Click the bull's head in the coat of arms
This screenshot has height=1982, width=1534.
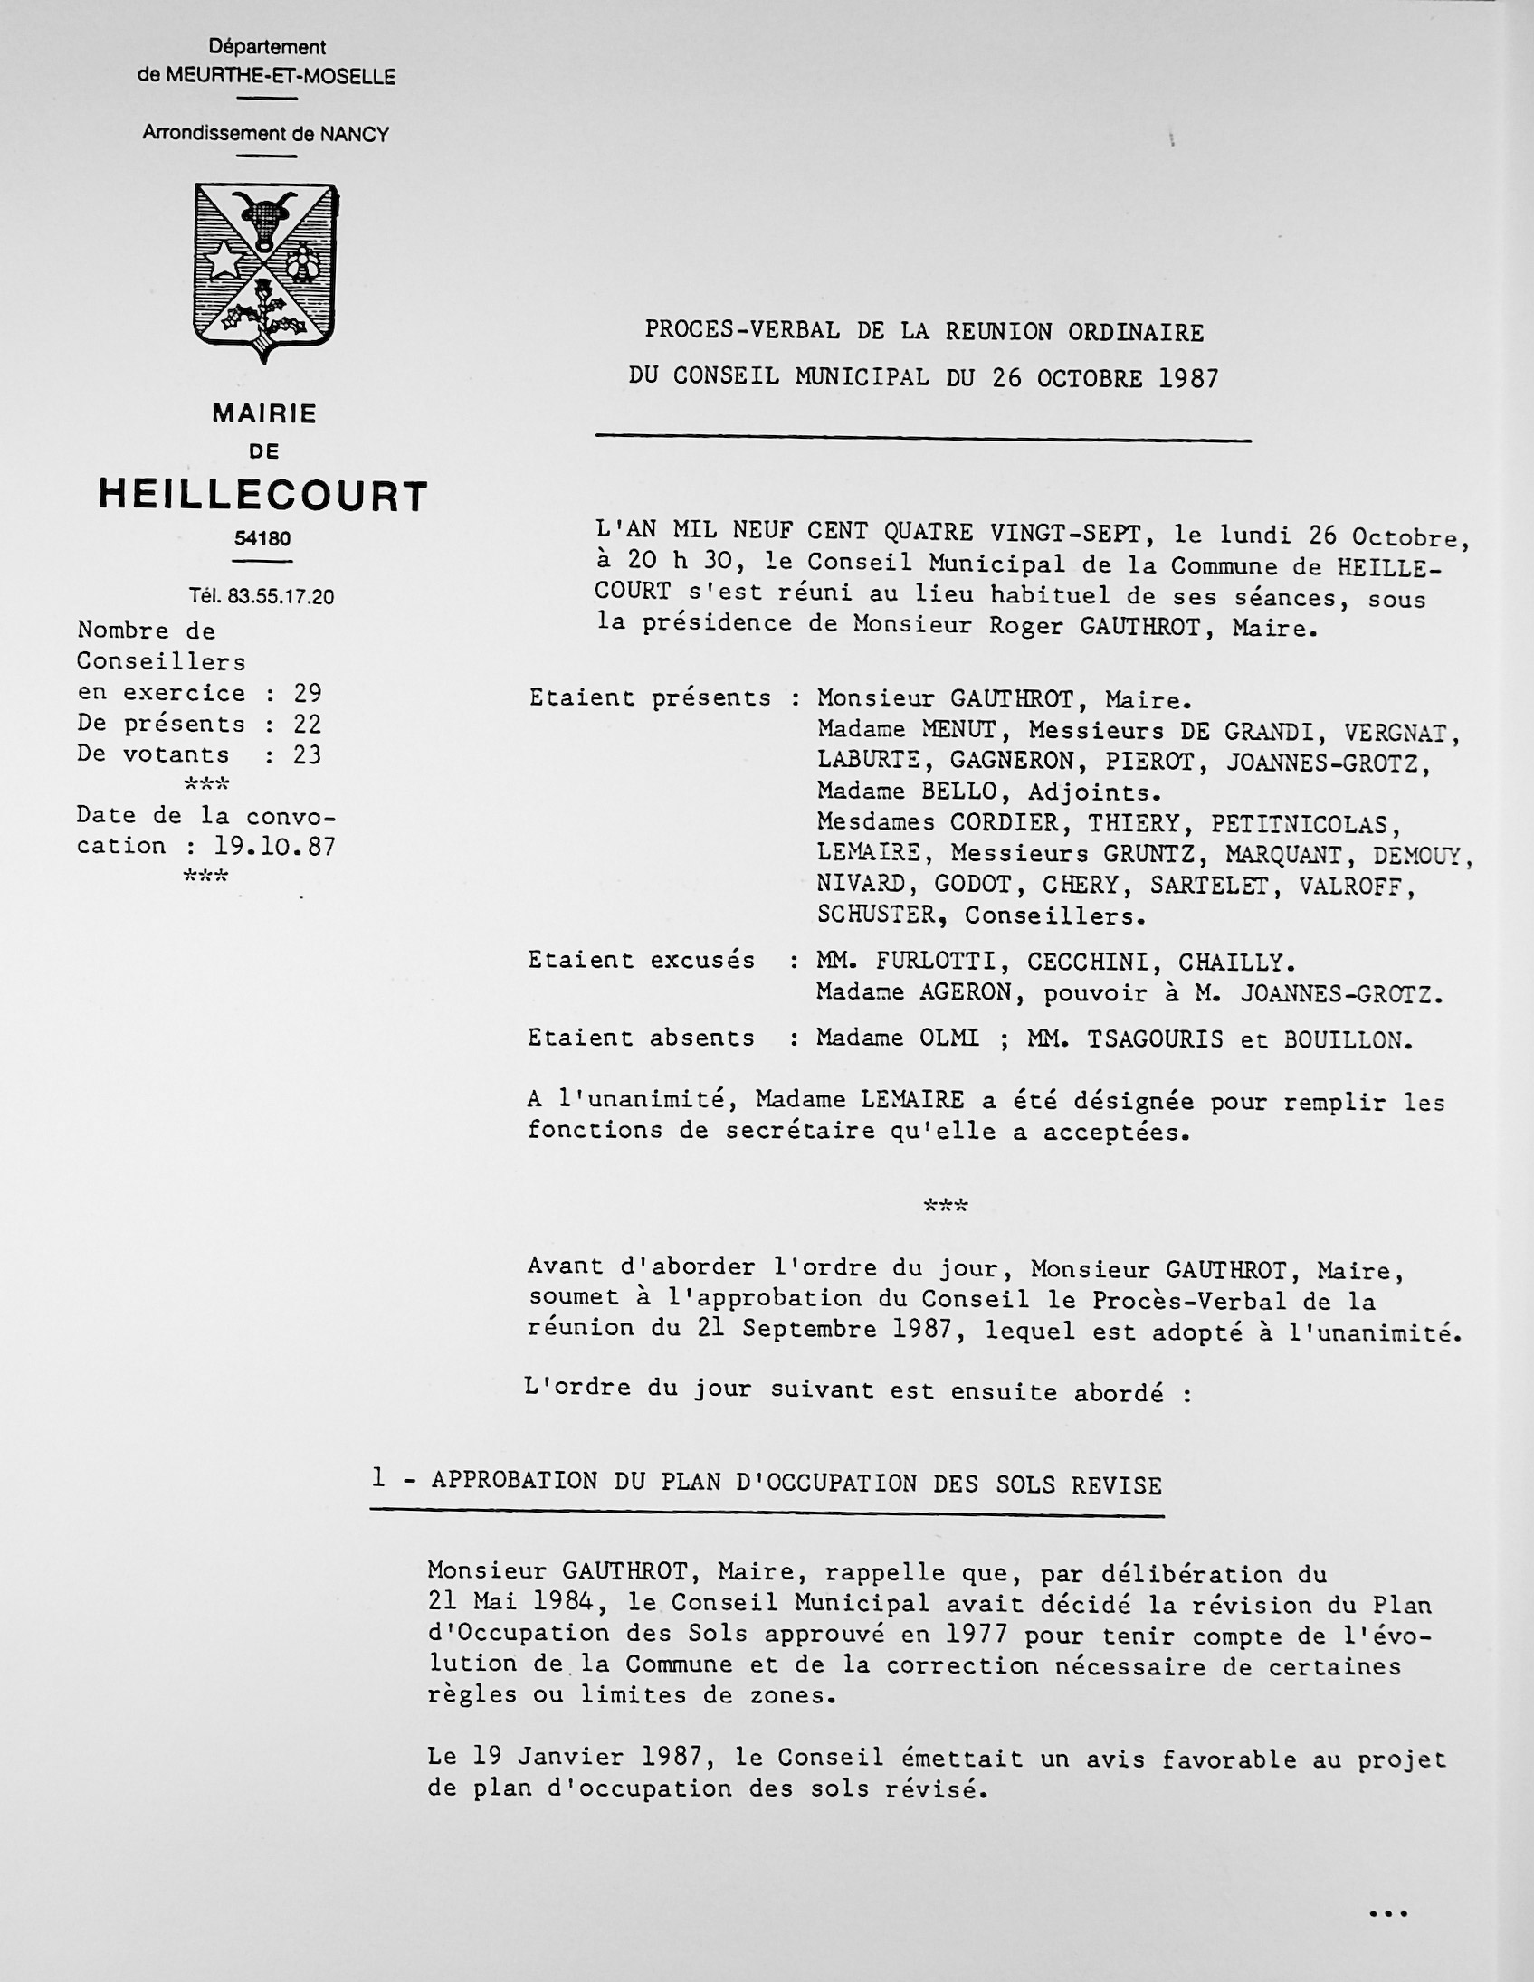click(x=264, y=219)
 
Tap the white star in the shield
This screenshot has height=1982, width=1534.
click(x=223, y=261)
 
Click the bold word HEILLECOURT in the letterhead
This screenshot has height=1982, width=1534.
click(x=263, y=497)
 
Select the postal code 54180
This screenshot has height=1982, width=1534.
click(x=262, y=539)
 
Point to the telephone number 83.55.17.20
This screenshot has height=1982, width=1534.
click(x=281, y=596)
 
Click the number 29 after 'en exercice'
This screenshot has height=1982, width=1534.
click(x=308, y=693)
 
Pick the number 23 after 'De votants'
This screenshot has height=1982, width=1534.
click(x=308, y=755)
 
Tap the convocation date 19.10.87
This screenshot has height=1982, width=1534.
click(x=275, y=847)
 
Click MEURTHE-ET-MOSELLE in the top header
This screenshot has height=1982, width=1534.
click(x=281, y=77)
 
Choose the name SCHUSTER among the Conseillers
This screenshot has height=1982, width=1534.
click(x=877, y=915)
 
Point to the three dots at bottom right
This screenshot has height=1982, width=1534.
click(x=1387, y=1914)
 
